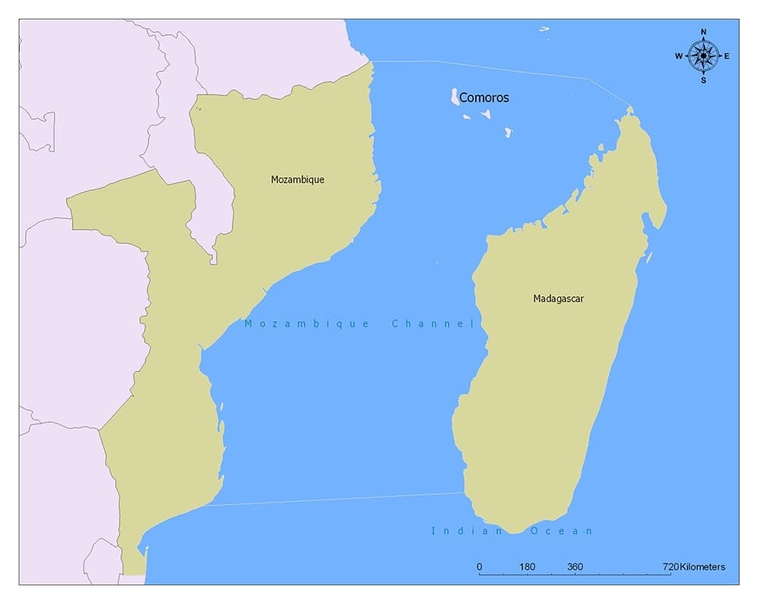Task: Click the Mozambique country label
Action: pos(297,180)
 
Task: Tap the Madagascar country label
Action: pos(558,299)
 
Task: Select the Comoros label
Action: pos(484,98)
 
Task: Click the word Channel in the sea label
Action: pos(432,324)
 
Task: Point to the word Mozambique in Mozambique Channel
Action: pos(306,324)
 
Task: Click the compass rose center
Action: pos(703,55)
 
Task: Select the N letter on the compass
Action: pos(703,32)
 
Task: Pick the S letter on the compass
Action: pos(703,80)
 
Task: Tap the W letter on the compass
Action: pos(679,55)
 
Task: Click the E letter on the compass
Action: pos(727,55)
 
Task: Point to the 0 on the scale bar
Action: pos(479,567)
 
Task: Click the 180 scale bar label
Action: pos(528,567)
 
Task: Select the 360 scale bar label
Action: pos(575,567)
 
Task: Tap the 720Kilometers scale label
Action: pos(693,567)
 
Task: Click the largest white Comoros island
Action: pos(455,96)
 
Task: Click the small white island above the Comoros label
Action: pos(543,30)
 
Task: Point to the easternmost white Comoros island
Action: pos(509,132)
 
